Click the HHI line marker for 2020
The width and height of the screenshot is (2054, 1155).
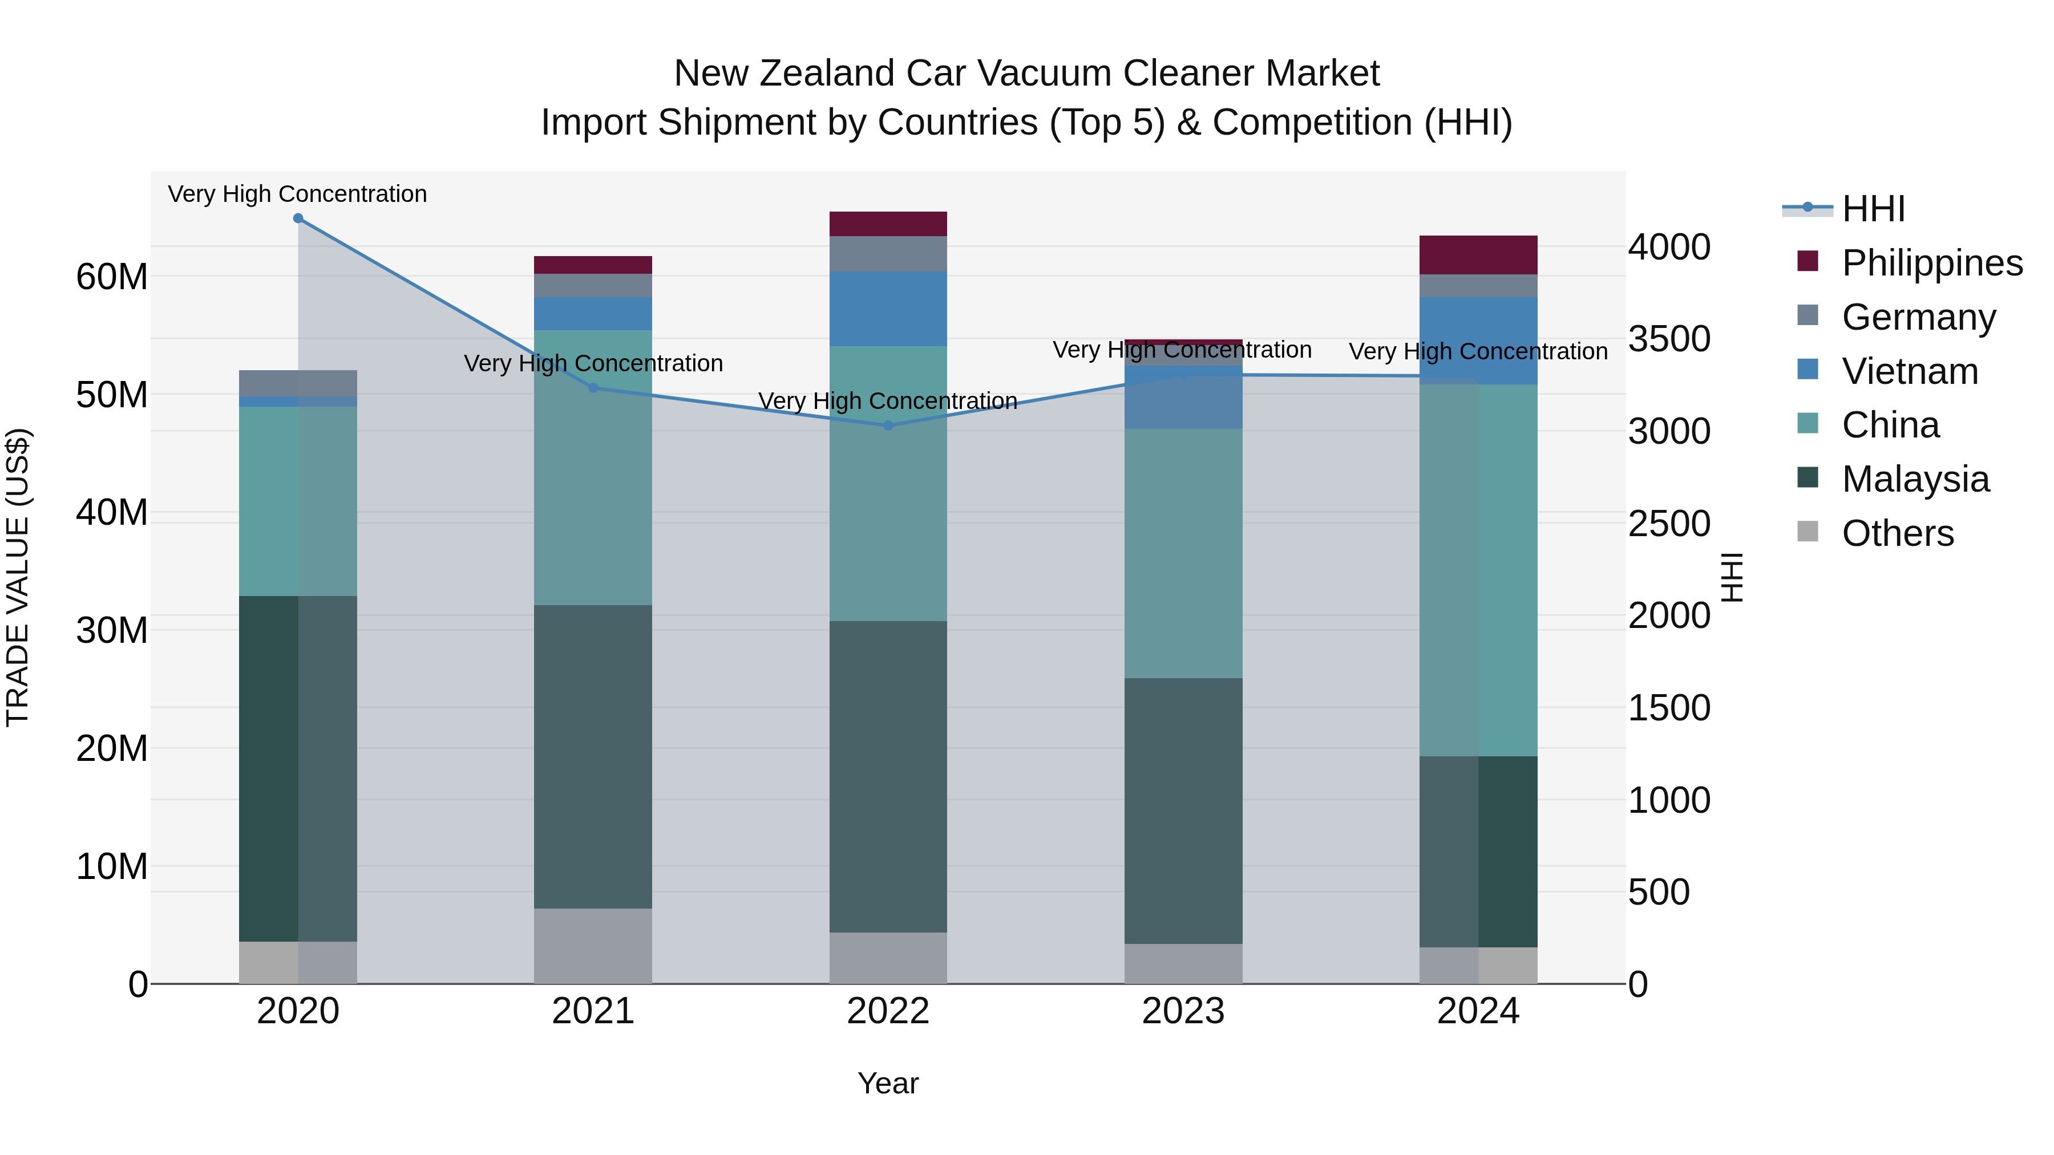pyautogui.click(x=298, y=218)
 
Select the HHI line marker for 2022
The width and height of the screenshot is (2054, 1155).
pyautogui.click(x=888, y=425)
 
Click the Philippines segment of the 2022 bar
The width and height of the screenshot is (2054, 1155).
pyautogui.click(x=888, y=224)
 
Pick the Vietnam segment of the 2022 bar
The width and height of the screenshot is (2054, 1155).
pyautogui.click(x=888, y=309)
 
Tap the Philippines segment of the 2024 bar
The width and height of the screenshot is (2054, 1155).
pyautogui.click(x=1478, y=255)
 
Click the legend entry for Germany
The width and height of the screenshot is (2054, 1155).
pyautogui.click(x=1918, y=317)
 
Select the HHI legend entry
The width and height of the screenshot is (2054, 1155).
pyautogui.click(x=1873, y=209)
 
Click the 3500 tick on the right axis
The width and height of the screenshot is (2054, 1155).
pyautogui.click(x=1669, y=339)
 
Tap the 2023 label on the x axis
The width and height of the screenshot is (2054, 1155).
pyautogui.click(x=1183, y=1011)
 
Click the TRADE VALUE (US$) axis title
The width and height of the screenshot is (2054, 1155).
pyautogui.click(x=18, y=577)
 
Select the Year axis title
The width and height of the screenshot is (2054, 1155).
pyautogui.click(x=888, y=1083)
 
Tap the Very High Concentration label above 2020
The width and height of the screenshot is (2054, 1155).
pyautogui.click(x=297, y=194)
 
